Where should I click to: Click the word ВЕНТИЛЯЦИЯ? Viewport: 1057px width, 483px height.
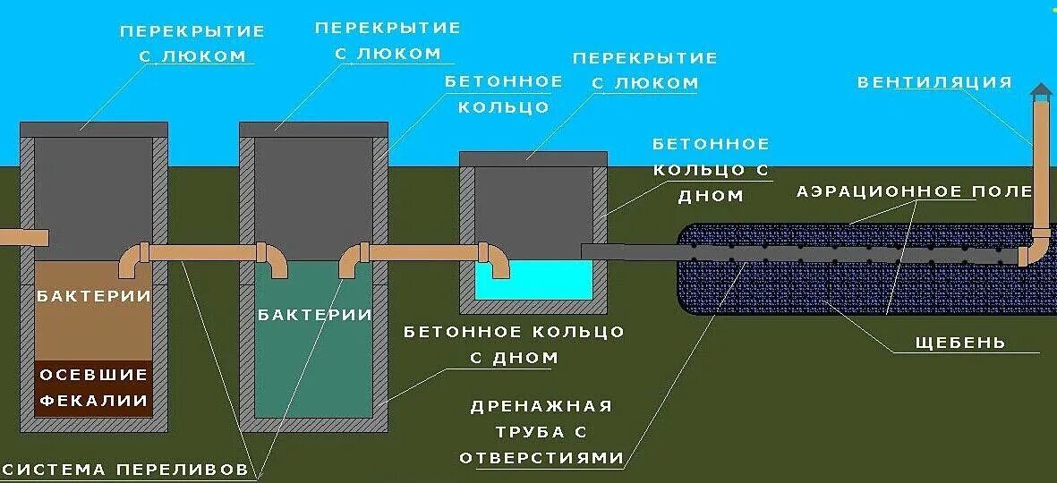pyautogui.click(x=934, y=83)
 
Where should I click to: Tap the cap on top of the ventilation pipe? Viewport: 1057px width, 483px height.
pyautogui.click(x=1040, y=92)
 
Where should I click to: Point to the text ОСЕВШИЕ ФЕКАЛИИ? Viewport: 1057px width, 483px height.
pyautogui.click(x=92, y=387)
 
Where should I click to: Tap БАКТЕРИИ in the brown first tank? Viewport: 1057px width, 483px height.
pyautogui.click(x=92, y=296)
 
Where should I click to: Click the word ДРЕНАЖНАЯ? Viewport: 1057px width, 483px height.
pyautogui.click(x=541, y=406)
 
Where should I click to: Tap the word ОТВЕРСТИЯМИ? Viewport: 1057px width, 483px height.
pyautogui.click(x=541, y=458)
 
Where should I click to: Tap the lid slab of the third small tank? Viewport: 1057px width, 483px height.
pyautogui.click(x=533, y=158)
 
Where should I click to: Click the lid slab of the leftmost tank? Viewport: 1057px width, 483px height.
pyautogui.click(x=93, y=129)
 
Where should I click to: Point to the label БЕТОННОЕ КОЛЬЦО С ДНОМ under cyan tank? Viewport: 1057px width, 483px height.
pyautogui.click(x=514, y=344)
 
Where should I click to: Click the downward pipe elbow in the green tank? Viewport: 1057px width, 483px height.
pyautogui.click(x=275, y=262)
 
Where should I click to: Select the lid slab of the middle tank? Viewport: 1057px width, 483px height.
pyautogui.click(x=314, y=129)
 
